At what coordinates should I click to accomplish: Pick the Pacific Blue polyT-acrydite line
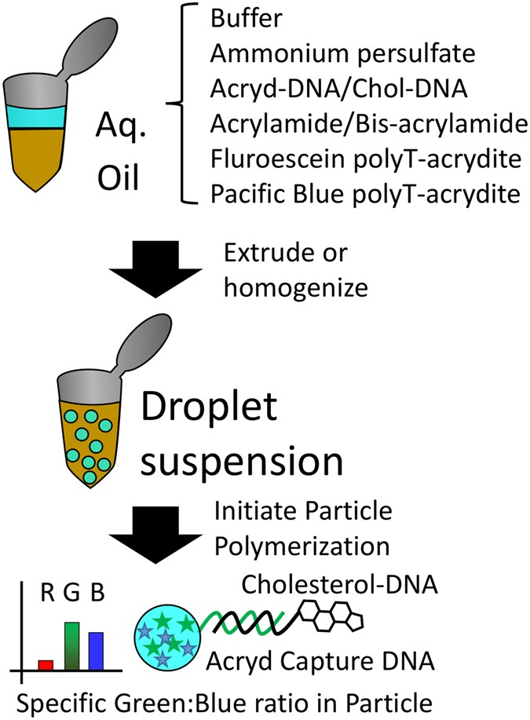coord(365,194)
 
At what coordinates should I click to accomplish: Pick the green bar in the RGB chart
coord(71,645)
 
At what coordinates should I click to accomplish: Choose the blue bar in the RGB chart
coord(97,650)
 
